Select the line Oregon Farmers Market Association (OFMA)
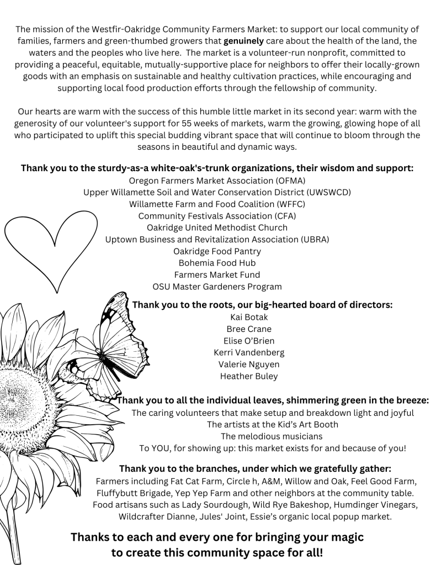tap(217, 181)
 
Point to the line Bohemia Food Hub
tap(217, 263)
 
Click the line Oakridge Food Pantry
tap(217, 251)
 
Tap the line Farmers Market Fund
tap(217, 274)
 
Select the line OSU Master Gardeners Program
tap(217, 287)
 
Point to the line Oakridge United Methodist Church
tap(217, 228)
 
